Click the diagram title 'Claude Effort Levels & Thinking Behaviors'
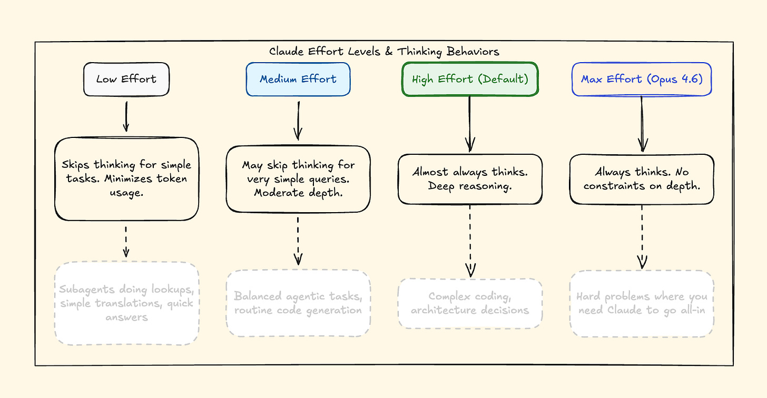click(x=384, y=52)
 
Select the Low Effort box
click(x=126, y=79)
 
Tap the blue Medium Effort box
click(x=298, y=79)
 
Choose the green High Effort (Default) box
click(x=469, y=79)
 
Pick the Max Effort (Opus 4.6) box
click(x=641, y=79)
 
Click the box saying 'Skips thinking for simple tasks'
click(x=126, y=179)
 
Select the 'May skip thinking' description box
click(x=298, y=178)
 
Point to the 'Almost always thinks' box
click(x=470, y=179)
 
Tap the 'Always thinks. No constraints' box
click(x=642, y=179)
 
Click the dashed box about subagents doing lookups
click(x=126, y=303)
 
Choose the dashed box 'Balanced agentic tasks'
click(x=298, y=303)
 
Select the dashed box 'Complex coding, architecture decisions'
click(x=470, y=304)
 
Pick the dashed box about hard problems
click(x=642, y=304)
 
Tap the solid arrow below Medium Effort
click(x=298, y=120)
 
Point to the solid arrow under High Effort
click(x=470, y=124)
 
